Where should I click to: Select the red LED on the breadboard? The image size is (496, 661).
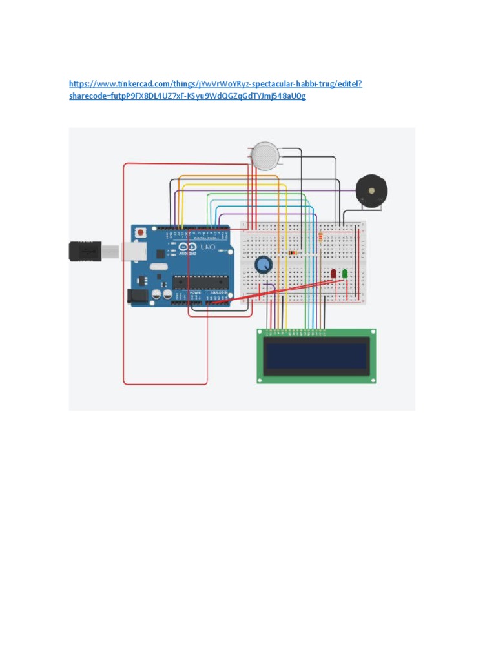click(x=333, y=274)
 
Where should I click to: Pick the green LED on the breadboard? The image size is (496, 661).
click(x=345, y=274)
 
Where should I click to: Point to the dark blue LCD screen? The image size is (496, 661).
click(x=316, y=356)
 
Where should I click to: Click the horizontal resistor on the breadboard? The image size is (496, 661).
click(x=294, y=252)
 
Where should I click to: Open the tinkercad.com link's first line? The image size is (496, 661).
click(x=215, y=84)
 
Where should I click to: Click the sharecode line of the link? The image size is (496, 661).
click(x=187, y=96)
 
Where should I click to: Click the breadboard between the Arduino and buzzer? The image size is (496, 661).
click(x=304, y=284)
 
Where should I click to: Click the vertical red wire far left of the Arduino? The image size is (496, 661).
click(x=124, y=271)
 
